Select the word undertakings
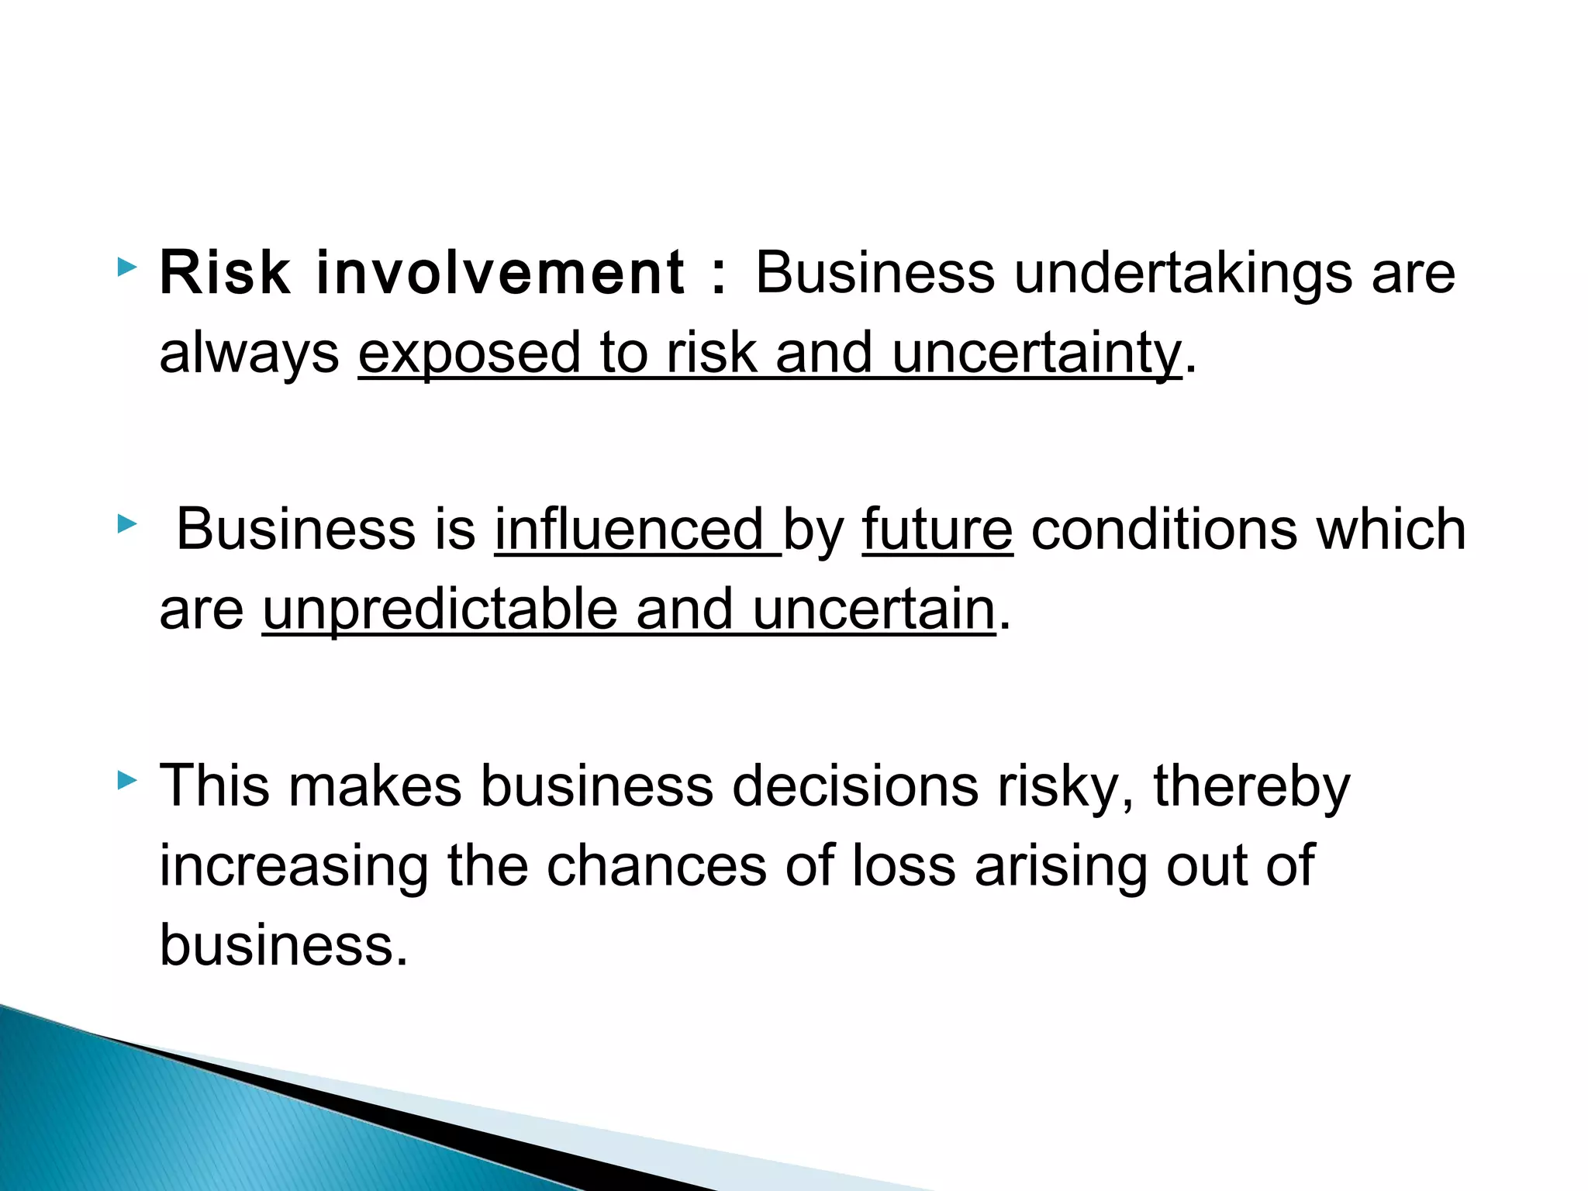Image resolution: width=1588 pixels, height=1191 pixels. click(x=1183, y=274)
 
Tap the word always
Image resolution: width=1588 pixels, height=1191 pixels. click(x=249, y=354)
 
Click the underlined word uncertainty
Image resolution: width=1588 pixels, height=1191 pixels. click(x=1037, y=354)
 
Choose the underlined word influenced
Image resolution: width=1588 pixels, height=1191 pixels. click(x=637, y=530)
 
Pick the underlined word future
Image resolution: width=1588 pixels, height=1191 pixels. click(x=937, y=530)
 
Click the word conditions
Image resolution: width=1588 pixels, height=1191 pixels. click(x=1164, y=530)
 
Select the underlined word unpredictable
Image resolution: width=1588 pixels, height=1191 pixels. click(x=440, y=610)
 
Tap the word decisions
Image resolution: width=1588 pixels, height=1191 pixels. click(x=855, y=786)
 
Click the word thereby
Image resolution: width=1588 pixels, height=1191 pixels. click(x=1251, y=786)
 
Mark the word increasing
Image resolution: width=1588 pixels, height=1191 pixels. click(x=294, y=867)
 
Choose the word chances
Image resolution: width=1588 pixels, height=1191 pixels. click(x=656, y=866)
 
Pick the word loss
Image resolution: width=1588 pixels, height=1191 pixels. click(x=904, y=866)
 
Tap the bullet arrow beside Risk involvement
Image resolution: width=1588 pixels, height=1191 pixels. click(x=126, y=269)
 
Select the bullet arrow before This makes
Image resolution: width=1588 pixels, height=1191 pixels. click(x=126, y=780)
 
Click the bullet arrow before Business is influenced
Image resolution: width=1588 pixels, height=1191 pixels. click(x=126, y=525)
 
